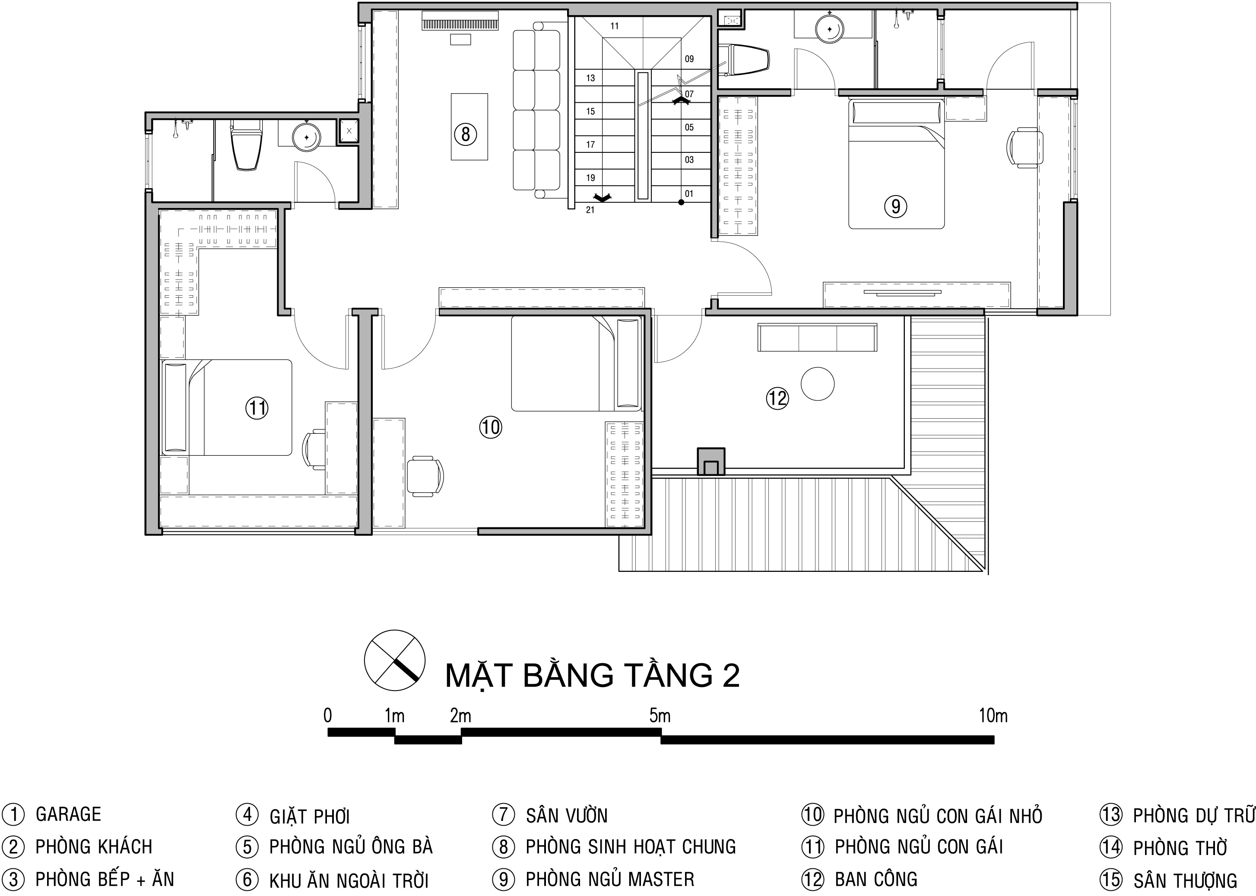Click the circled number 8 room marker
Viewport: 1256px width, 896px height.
coord(466,134)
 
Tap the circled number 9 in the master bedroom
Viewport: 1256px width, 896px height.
coord(895,206)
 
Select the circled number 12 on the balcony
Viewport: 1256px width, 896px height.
coord(777,398)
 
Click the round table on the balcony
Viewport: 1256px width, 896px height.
coord(818,384)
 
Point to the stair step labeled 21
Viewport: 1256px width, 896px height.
coord(590,210)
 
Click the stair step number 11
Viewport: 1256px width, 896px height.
coord(615,26)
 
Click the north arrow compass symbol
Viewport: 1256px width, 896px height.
coord(394,660)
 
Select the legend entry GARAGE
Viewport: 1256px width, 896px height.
coord(68,814)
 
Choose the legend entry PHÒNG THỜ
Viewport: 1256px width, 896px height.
coord(1180,848)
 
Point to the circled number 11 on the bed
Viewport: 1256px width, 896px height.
coord(257,408)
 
